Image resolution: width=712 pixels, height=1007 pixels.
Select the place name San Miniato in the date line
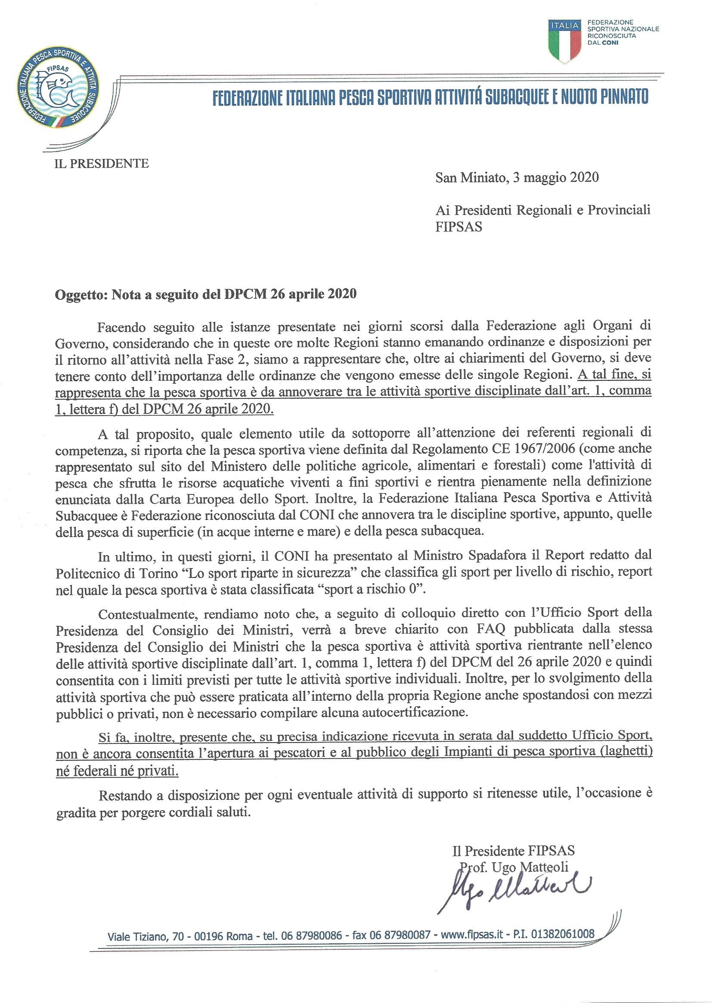pyautogui.click(x=467, y=177)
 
